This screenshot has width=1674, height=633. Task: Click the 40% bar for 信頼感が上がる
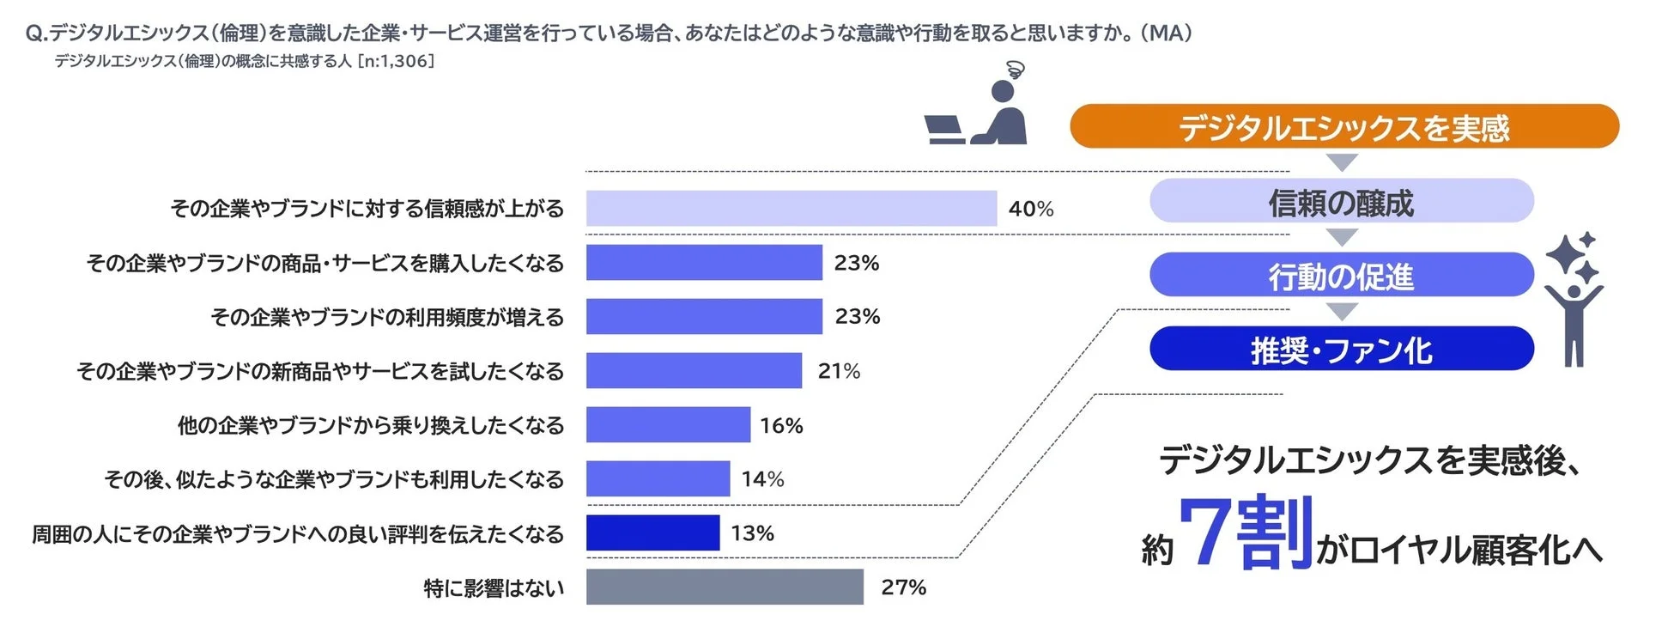[x=791, y=209]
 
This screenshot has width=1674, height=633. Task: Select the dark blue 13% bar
[x=652, y=533]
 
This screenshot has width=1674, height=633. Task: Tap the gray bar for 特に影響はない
[x=724, y=587]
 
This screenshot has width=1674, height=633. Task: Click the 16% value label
[x=781, y=425]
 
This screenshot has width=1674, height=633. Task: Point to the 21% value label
[x=839, y=371]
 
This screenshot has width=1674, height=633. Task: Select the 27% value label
[x=903, y=587]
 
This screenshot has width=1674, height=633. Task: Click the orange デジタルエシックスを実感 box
[x=1343, y=127]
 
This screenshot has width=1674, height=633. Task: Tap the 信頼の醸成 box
[x=1341, y=202]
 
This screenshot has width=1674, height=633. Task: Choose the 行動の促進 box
[x=1341, y=276]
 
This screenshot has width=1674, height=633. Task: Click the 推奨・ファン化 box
[x=1341, y=350]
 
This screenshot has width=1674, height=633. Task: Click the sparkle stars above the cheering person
[x=1572, y=255]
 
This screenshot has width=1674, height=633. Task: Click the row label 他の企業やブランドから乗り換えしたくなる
[x=370, y=425]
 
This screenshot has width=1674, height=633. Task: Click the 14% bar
[x=658, y=478]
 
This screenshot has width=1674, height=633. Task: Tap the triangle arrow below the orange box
[x=1341, y=162]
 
